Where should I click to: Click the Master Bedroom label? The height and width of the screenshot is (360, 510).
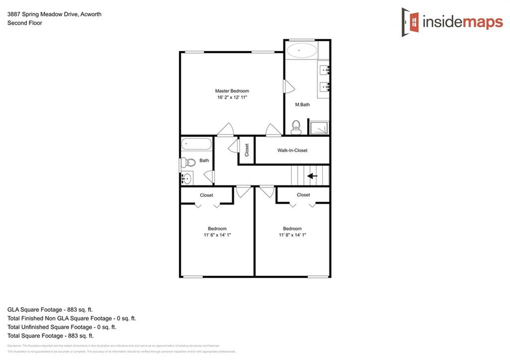(232, 91)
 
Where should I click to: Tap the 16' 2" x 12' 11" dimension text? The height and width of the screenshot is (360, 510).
(232, 98)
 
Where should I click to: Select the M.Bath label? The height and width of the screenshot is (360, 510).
(303, 105)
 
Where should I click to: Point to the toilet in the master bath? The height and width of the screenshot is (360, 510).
(296, 127)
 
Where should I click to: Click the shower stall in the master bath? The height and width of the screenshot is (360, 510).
(319, 127)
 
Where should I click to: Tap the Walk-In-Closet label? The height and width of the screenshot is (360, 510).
(292, 150)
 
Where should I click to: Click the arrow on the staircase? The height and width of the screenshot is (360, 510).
(312, 176)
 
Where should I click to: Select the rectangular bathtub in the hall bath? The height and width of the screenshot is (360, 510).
(196, 144)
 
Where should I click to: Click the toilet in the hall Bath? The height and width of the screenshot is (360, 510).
(187, 162)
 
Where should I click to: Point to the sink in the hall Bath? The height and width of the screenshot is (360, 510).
(187, 178)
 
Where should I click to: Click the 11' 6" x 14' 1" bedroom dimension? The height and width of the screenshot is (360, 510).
(217, 235)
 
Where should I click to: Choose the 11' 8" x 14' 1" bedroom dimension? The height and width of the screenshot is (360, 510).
(292, 235)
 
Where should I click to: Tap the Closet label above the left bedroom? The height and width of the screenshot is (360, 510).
(207, 195)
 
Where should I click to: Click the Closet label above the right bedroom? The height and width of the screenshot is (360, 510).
(303, 195)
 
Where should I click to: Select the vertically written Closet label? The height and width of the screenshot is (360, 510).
(247, 150)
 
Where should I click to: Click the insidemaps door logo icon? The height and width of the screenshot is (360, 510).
(410, 21)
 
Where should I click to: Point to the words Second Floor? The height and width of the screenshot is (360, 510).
(24, 23)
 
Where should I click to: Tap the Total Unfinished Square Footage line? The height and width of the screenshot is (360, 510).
(62, 327)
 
